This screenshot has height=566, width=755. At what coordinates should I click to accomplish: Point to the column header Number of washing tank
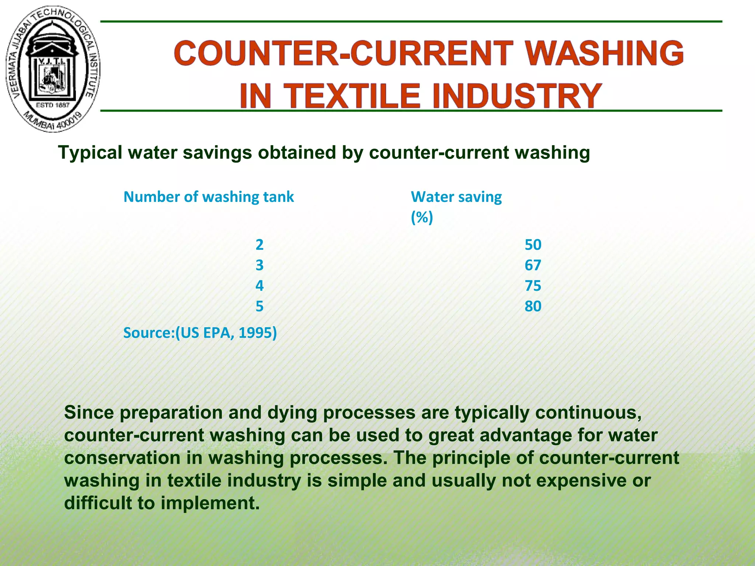209,197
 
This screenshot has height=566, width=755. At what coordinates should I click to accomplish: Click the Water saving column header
456,197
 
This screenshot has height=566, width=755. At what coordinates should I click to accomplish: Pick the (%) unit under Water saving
422,217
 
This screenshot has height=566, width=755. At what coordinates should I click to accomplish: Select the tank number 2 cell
260,245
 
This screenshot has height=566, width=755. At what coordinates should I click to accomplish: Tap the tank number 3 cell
260,265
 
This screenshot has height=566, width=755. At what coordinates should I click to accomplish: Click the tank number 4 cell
260,286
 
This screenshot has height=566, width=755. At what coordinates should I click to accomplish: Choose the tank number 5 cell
260,306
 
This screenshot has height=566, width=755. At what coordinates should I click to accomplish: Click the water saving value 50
533,245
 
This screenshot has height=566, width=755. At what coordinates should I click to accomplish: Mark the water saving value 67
533,265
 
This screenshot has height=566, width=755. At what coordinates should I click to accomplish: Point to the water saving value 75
533,286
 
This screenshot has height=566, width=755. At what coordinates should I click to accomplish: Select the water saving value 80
533,306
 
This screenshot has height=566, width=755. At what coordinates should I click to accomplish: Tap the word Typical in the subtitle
90,153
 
